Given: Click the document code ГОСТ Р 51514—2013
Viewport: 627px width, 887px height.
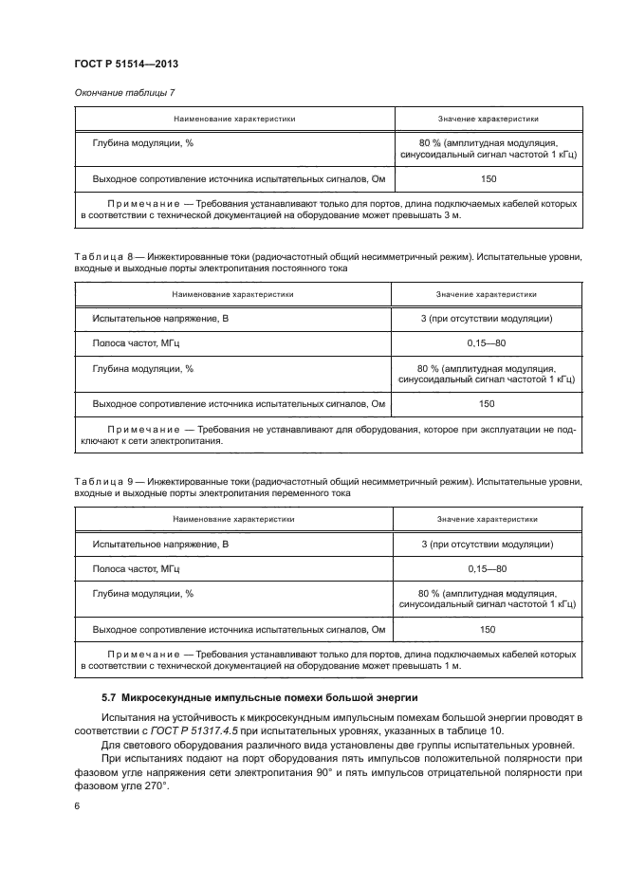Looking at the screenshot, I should coord(125,64).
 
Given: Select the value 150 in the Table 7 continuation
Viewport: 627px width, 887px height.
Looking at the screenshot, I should coord(488,178).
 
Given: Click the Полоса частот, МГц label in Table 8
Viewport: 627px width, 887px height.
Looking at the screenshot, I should coord(136,343).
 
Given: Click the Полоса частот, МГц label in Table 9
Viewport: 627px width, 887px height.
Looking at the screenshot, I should coord(136,568).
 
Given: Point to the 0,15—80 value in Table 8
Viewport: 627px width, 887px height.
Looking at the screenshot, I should coord(487,343).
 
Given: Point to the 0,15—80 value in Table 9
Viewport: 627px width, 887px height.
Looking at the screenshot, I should coord(487,568).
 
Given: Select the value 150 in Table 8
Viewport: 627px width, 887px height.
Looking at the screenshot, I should coord(487,403).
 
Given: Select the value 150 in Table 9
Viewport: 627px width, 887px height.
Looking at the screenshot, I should coord(487,628).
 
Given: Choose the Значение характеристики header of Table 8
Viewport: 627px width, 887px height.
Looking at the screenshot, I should coord(487,294).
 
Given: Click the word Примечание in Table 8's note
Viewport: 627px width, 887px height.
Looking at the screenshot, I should coord(142,429).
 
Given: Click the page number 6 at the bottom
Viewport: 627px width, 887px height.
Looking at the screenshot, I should coord(76,805).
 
